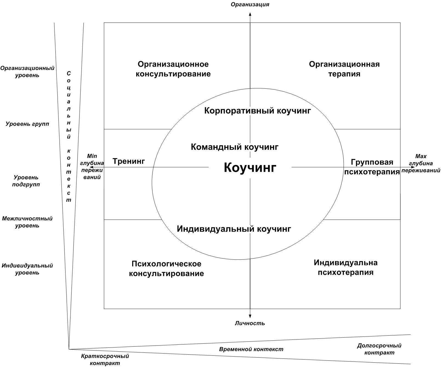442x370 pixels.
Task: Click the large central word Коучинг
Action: click(x=250, y=167)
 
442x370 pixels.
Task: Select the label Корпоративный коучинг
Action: click(x=257, y=111)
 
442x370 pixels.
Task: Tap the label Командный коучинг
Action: click(x=234, y=147)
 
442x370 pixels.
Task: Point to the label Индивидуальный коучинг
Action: click(x=234, y=229)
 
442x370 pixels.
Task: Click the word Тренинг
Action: click(x=129, y=161)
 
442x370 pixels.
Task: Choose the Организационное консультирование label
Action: click(x=173, y=69)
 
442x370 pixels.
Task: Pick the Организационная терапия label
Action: click(x=344, y=69)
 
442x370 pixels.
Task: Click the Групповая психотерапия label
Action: click(x=372, y=167)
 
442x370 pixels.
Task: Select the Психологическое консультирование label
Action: click(x=166, y=268)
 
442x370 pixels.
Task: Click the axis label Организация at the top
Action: click(x=250, y=4)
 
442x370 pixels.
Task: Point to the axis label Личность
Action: click(x=250, y=323)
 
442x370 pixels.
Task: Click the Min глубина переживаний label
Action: click(x=92, y=167)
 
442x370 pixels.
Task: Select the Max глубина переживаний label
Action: click(x=421, y=163)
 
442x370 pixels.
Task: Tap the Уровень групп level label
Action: click(x=27, y=124)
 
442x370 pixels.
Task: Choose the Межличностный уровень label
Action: click(x=27, y=222)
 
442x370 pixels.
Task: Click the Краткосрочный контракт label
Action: click(x=105, y=360)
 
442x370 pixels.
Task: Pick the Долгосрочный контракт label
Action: click(x=379, y=349)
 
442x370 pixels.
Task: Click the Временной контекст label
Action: click(x=251, y=349)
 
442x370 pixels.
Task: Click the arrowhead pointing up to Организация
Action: click(x=250, y=14)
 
